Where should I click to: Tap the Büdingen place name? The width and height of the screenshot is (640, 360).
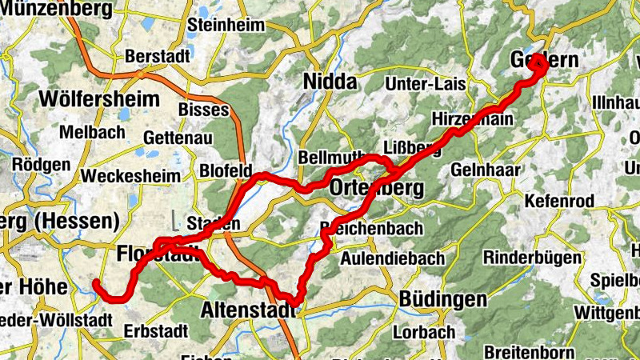click(442, 300)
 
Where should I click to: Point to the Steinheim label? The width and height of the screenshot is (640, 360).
click(226, 25)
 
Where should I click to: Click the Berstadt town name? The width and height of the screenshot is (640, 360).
click(157, 57)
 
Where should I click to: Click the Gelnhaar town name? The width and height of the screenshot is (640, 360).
click(486, 170)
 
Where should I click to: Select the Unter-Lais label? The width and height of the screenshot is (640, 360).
click(425, 84)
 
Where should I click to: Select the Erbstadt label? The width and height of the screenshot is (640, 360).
click(156, 330)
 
